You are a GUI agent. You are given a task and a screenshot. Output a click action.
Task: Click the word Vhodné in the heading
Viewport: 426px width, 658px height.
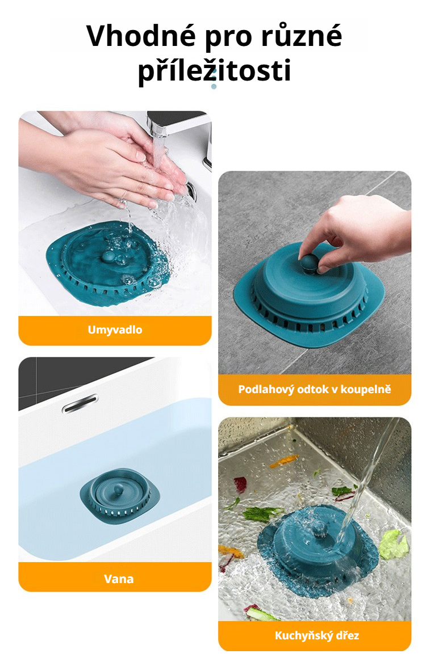click(141, 36)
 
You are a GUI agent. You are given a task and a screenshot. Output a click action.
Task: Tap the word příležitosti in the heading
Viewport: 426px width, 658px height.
click(214, 70)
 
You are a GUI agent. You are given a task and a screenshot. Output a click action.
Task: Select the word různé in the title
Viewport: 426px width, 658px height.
click(302, 36)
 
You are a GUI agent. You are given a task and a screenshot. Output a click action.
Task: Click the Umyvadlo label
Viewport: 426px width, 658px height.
click(115, 330)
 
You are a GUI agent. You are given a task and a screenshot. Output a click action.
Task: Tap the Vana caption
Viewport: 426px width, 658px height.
click(119, 579)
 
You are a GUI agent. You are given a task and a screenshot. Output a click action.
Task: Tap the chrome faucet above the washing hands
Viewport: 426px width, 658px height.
click(180, 126)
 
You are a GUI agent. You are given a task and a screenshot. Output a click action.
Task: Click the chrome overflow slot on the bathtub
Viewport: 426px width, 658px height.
click(80, 403)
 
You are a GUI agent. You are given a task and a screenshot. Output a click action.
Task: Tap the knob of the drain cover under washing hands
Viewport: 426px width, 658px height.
click(109, 256)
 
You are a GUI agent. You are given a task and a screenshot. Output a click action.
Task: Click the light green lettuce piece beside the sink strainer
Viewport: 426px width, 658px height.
click(394, 544)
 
